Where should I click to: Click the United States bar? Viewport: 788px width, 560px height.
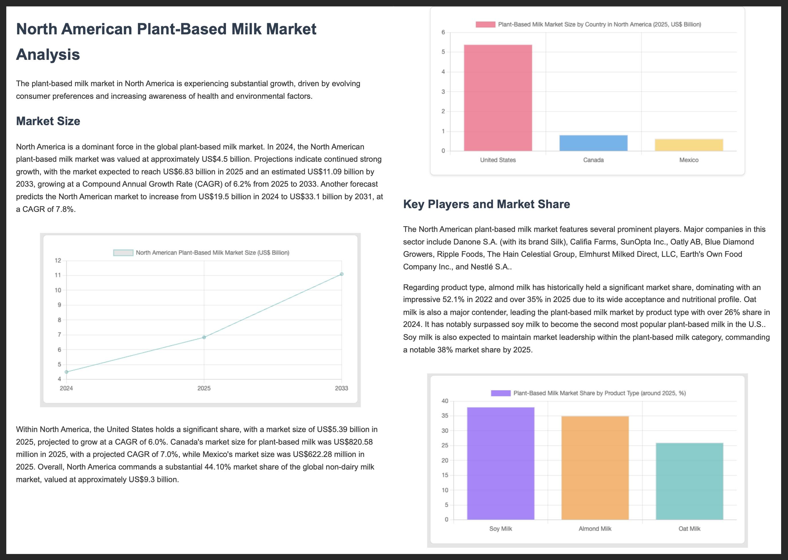[498, 98]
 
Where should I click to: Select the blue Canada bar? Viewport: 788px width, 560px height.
[593, 143]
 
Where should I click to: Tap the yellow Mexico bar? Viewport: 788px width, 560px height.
[689, 145]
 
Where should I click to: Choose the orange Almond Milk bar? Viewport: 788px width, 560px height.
[595, 468]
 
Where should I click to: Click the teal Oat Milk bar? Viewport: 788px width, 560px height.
[689, 481]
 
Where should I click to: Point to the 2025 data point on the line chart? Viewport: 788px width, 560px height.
[204, 337]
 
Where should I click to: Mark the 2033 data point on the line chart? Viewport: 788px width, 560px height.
[341, 274]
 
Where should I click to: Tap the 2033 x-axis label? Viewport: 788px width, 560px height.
[341, 388]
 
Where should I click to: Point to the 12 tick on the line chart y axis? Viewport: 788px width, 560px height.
[58, 260]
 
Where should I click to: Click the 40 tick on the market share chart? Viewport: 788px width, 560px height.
[445, 401]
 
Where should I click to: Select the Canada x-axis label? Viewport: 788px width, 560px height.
[593, 160]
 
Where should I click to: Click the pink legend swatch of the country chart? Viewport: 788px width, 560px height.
[485, 25]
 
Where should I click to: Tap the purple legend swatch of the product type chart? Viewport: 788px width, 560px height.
[501, 393]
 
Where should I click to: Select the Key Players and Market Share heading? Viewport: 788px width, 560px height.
[486, 204]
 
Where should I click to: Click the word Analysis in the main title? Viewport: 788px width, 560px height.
[48, 54]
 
